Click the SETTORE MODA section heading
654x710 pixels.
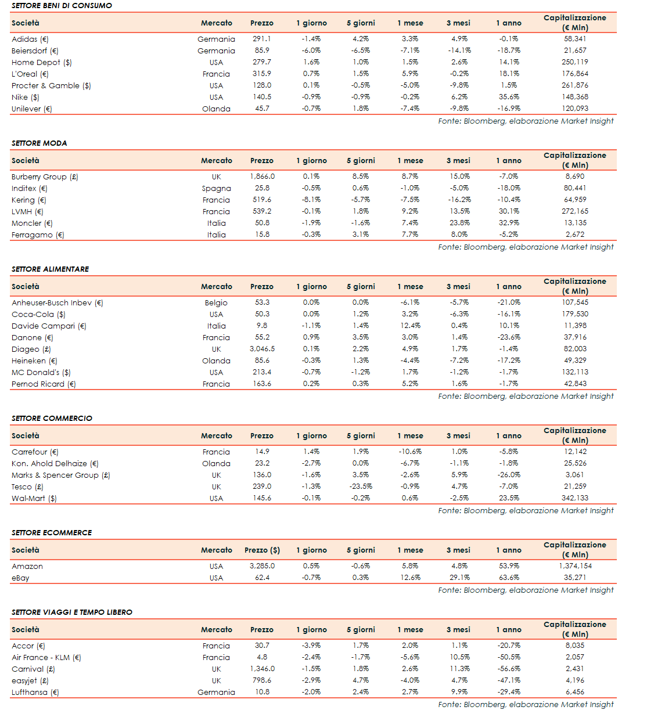(x=39, y=143)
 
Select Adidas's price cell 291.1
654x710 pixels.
(x=261, y=39)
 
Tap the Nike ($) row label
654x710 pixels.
(x=26, y=97)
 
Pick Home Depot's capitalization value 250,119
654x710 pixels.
(x=574, y=62)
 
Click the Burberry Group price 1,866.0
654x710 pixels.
(x=262, y=176)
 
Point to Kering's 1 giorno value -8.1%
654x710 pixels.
(x=311, y=200)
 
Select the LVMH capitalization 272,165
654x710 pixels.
(x=574, y=211)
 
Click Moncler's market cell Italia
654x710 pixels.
(x=216, y=223)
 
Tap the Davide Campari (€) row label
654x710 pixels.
(x=49, y=326)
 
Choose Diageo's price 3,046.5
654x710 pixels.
(x=262, y=349)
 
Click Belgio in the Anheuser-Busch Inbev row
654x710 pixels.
(x=216, y=302)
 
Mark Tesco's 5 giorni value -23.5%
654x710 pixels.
(x=361, y=486)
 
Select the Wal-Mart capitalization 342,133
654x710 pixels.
(x=574, y=498)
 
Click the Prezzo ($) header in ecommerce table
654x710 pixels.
(x=262, y=550)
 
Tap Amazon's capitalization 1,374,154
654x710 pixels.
(x=575, y=566)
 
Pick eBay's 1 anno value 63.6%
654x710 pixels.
(x=509, y=578)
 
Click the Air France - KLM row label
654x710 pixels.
(x=46, y=657)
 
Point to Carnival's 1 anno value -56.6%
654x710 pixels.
(x=509, y=669)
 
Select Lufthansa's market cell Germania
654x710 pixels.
(x=216, y=692)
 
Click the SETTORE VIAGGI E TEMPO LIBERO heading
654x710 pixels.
(x=72, y=612)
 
